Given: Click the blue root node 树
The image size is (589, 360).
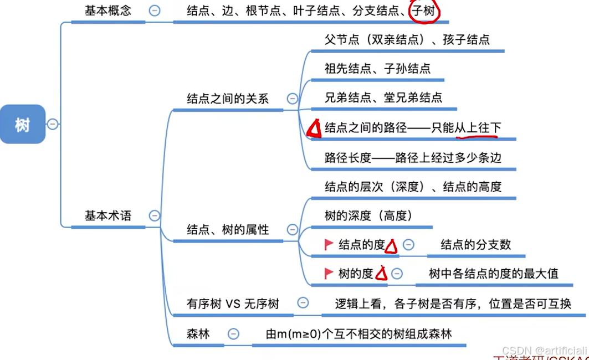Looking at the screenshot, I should point(22,124).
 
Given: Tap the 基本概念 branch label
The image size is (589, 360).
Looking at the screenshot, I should point(107,11).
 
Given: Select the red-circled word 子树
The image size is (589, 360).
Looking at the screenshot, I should point(423,11).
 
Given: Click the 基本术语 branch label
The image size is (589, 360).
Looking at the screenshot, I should point(107,215).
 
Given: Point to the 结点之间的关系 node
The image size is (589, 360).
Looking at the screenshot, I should point(228,99).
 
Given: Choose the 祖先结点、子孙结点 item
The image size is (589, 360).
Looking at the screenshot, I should point(377,69).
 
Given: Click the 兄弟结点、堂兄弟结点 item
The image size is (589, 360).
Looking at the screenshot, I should point(383,98).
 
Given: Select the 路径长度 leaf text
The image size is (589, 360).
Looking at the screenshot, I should point(413,157).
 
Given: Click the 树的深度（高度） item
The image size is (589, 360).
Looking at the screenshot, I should point(368,215).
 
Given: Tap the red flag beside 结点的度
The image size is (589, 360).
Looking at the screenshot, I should point(328,244).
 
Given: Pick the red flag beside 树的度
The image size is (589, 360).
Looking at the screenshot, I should point(328,273).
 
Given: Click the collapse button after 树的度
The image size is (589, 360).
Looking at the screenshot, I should point(397,274).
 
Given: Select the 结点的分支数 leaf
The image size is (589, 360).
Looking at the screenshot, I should point(475,244).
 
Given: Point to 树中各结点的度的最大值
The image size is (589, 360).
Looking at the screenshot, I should point(494,273).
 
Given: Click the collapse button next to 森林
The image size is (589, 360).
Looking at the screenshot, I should point(234,334).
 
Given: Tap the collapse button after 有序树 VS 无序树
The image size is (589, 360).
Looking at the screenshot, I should point(303,303).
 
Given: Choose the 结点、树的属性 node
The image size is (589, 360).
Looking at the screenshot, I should point(228,229).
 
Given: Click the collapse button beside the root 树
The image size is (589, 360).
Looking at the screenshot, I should point(53,124).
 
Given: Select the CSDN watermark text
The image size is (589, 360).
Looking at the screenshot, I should point(544,350).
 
